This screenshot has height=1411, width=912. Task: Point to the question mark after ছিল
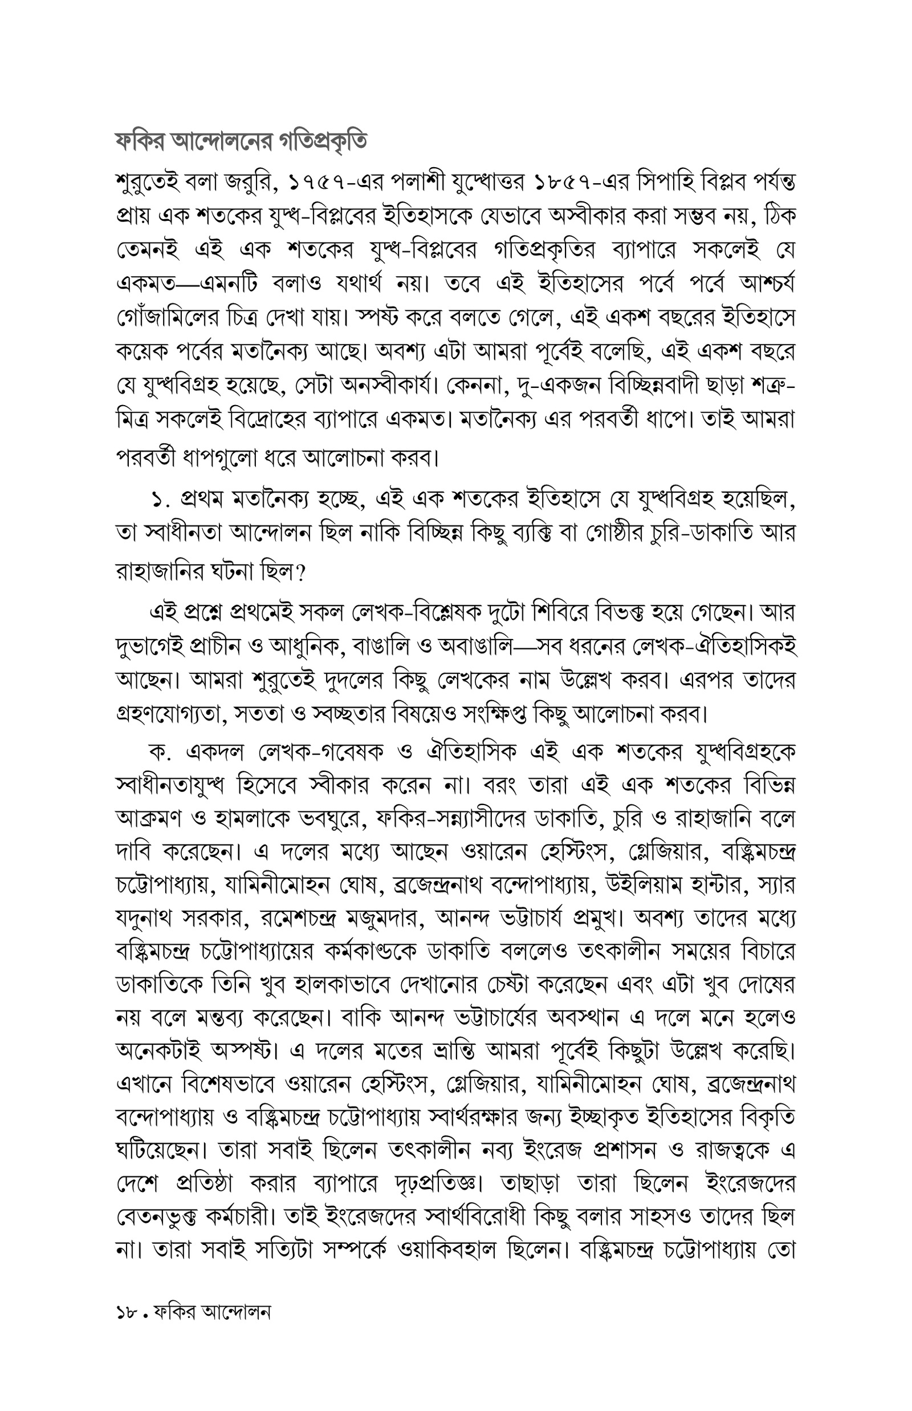[x=299, y=572]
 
